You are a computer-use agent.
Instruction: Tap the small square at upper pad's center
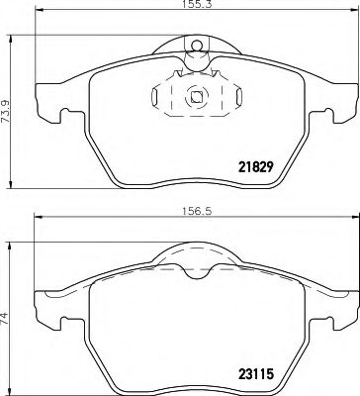point(196,96)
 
